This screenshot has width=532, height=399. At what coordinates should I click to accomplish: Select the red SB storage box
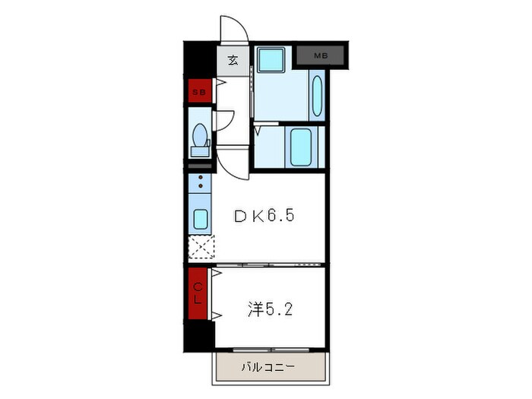coord(199,92)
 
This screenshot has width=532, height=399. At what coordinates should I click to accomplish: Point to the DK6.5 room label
coord(263,216)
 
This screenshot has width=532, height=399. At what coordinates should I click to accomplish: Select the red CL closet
coord(198,293)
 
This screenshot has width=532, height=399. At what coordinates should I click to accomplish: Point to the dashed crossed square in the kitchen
coord(201,249)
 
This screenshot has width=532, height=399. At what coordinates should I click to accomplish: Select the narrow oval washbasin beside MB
coord(318,96)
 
